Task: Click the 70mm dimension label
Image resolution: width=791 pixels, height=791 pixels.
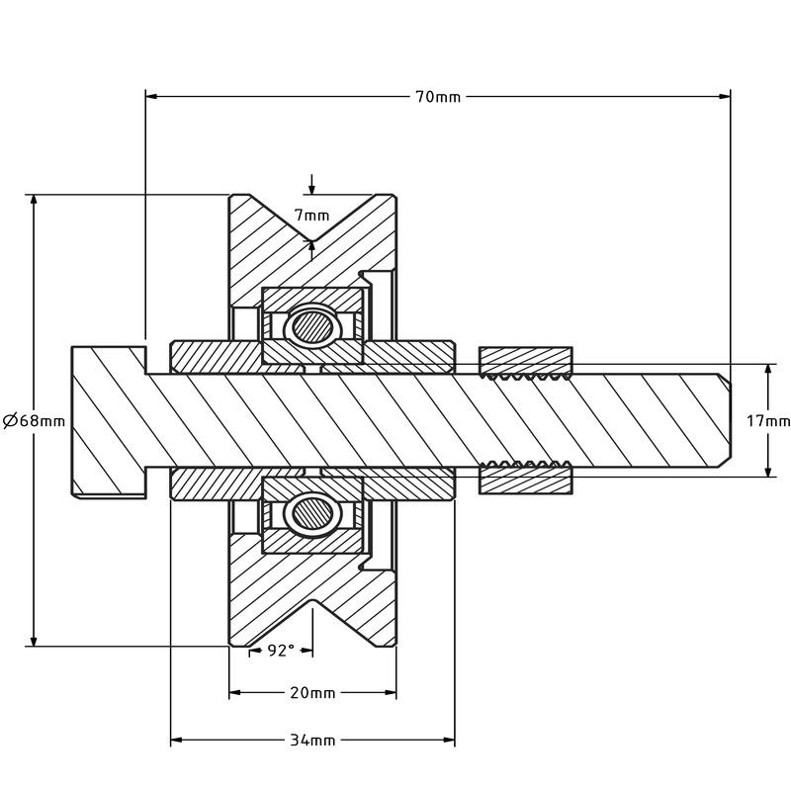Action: click(x=438, y=96)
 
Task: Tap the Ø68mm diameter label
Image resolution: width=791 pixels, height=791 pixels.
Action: click(x=34, y=420)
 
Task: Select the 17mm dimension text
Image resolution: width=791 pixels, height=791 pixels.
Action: click(x=768, y=420)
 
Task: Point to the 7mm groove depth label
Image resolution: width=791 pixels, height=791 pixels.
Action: click(x=312, y=216)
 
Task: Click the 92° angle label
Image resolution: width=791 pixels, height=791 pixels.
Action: click(x=281, y=651)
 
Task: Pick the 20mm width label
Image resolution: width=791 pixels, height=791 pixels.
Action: click(x=312, y=693)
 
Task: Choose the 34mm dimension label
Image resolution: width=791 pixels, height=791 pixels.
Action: click(x=312, y=740)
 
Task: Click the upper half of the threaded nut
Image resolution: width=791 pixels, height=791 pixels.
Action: click(x=525, y=362)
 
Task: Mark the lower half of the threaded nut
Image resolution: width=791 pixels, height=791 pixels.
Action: click(x=525, y=478)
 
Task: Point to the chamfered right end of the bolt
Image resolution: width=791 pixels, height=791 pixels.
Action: click(x=725, y=420)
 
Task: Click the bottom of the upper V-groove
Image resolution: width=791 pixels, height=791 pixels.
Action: click(x=312, y=240)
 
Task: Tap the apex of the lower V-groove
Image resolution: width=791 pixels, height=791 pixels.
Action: click(x=312, y=600)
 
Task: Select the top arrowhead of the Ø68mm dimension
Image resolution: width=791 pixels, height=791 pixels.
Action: click(x=34, y=201)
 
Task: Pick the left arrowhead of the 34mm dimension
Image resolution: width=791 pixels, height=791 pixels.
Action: click(x=177, y=740)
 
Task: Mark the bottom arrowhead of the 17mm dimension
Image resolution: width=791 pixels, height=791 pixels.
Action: click(x=768, y=471)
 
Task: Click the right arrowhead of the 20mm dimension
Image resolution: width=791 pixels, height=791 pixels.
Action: click(x=391, y=693)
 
